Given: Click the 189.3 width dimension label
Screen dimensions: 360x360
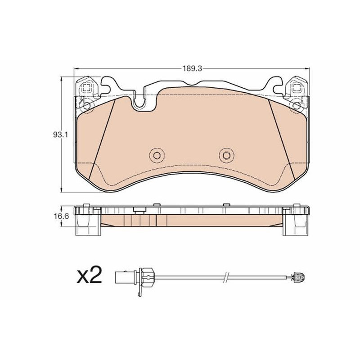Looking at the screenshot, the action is point(192,68).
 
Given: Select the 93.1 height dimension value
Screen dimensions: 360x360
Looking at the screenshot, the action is point(60,135).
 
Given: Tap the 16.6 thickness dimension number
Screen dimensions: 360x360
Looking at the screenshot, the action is point(62,216).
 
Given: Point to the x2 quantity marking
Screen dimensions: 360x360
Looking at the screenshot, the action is point(89,274).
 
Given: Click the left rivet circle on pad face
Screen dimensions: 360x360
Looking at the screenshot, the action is point(157,156).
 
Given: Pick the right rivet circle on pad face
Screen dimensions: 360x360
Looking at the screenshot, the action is point(226,156).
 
